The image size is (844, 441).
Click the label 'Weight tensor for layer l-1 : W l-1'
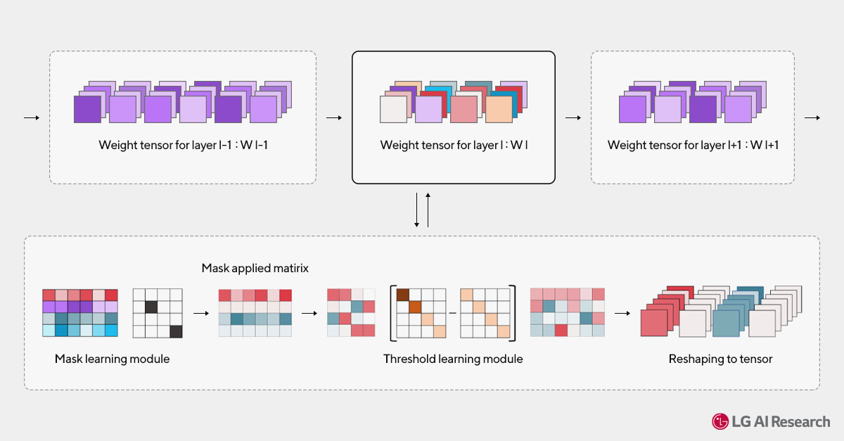(x=182, y=146)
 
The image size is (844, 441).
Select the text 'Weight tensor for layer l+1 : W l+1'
(x=693, y=146)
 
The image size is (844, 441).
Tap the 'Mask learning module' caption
(x=112, y=359)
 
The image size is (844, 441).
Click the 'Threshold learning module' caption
(x=453, y=359)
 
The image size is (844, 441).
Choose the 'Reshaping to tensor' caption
(x=720, y=359)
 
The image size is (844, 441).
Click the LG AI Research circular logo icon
(x=720, y=422)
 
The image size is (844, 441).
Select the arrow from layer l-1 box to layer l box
(x=334, y=117)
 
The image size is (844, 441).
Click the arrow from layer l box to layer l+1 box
(x=573, y=117)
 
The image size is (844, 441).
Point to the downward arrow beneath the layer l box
(x=417, y=210)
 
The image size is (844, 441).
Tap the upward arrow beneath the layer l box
(x=428, y=210)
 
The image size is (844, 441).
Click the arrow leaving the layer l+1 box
(x=812, y=117)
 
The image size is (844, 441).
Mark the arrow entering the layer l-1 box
(x=32, y=117)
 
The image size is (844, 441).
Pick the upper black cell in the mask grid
(x=151, y=307)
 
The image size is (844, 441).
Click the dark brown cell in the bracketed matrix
(x=403, y=295)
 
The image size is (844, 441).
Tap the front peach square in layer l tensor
(x=499, y=110)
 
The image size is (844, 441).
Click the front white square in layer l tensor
(x=393, y=110)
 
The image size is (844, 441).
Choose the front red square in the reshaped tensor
(x=654, y=324)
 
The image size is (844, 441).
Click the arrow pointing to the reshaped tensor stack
(x=622, y=313)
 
